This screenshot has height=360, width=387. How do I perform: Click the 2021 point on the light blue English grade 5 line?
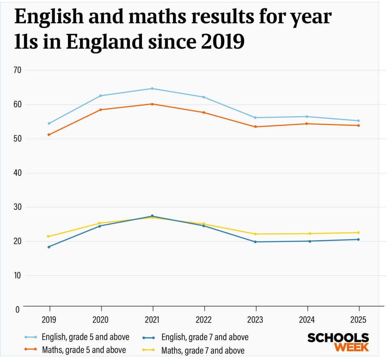152,88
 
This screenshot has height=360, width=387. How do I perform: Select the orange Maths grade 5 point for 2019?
49,135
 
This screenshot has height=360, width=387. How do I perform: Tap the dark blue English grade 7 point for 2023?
255,242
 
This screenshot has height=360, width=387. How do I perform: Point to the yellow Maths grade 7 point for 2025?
358,233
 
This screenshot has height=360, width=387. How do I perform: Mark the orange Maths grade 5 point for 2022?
203,113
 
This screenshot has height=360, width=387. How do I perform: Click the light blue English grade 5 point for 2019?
49,123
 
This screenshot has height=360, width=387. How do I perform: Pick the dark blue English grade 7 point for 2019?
49,247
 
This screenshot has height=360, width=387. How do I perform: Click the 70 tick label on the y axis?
18,70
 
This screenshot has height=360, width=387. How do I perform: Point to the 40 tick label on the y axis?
18,173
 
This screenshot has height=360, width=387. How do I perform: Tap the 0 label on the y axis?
17,309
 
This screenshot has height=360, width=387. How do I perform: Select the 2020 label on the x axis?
101,320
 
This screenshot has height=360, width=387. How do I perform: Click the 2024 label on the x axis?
307,320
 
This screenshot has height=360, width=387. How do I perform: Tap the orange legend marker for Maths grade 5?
31,349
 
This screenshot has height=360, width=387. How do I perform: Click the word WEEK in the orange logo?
351,347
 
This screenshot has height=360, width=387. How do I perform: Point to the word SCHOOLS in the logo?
338,338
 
